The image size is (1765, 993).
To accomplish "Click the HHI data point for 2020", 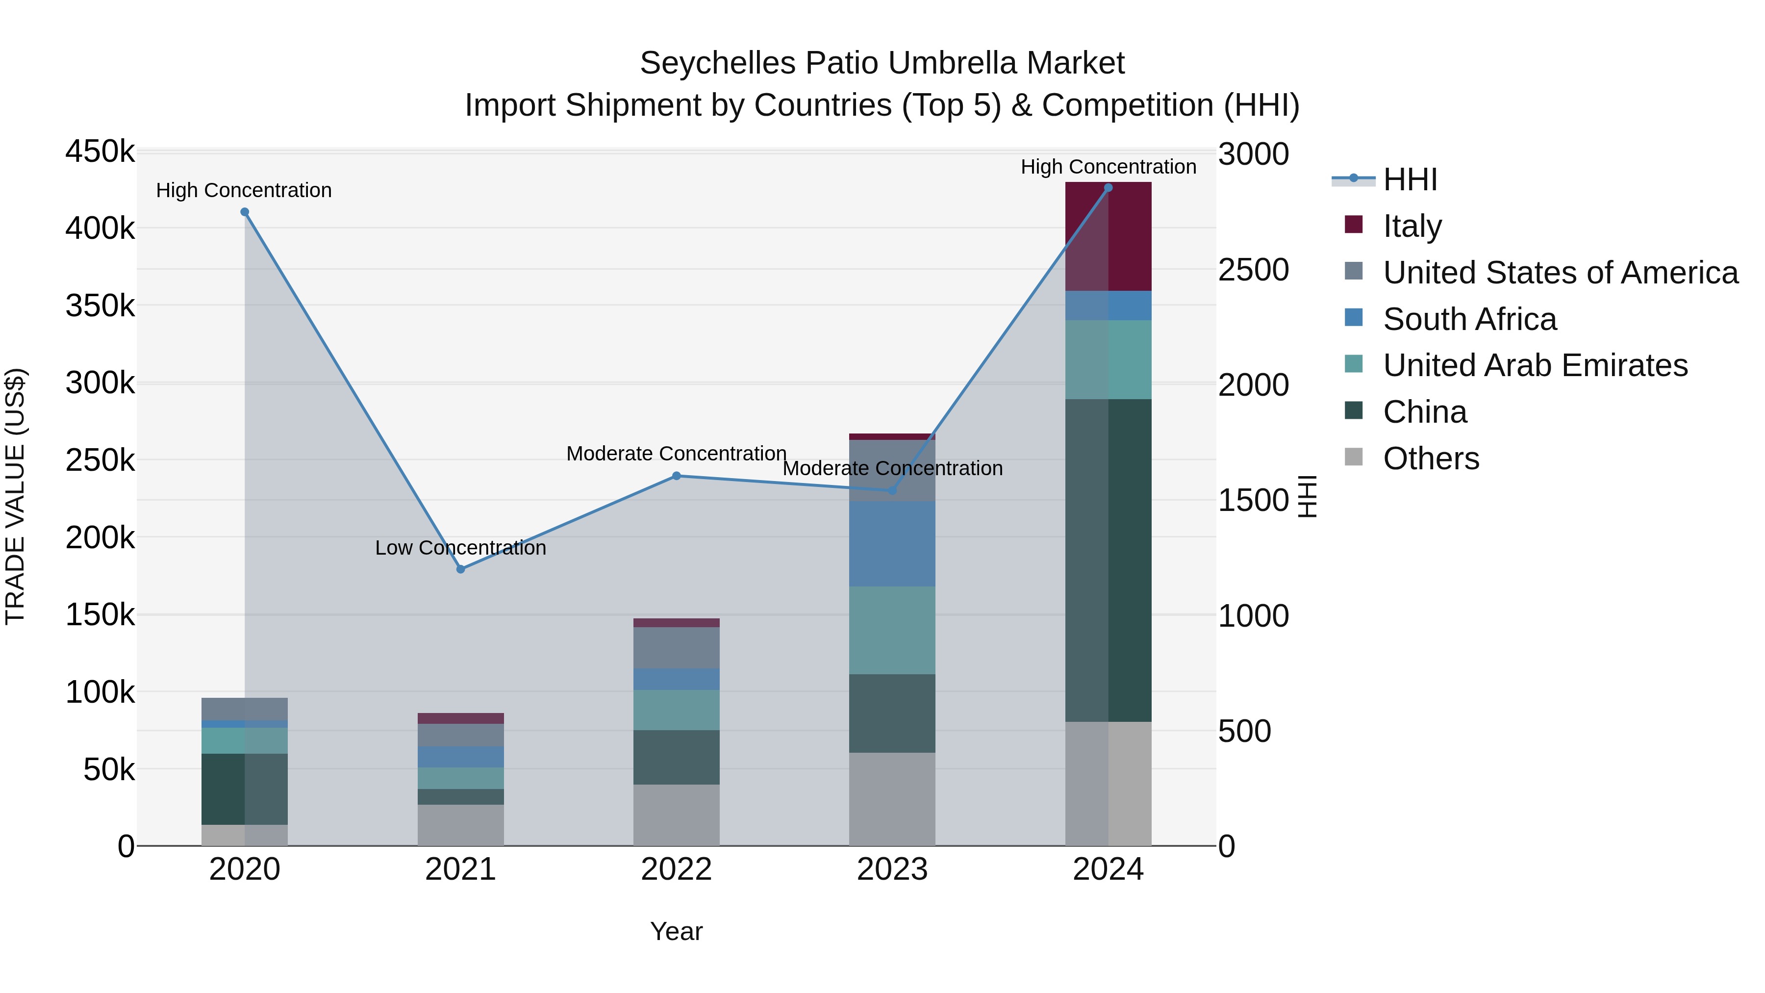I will tap(245, 212).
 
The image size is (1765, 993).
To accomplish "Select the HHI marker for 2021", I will tap(460, 569).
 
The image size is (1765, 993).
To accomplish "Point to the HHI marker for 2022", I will tap(676, 476).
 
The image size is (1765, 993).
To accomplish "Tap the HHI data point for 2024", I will tap(1108, 188).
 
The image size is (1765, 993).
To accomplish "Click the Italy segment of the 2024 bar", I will tap(1108, 236).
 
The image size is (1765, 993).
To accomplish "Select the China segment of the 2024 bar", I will tap(1108, 560).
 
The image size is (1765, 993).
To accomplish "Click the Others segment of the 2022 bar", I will tap(676, 815).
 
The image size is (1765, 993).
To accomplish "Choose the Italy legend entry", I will tap(1412, 226).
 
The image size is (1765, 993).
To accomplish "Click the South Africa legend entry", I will tap(1470, 319).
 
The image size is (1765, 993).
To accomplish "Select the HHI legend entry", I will tap(1410, 179).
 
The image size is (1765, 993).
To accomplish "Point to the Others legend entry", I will tap(1431, 458).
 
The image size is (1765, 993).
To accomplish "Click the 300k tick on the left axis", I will tap(100, 383).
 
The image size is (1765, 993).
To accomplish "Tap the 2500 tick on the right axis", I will tap(1253, 270).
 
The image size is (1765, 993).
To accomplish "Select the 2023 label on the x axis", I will tap(892, 869).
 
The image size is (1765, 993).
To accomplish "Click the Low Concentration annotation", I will tap(460, 548).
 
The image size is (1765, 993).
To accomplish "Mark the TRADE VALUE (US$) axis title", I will tap(16, 496).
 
